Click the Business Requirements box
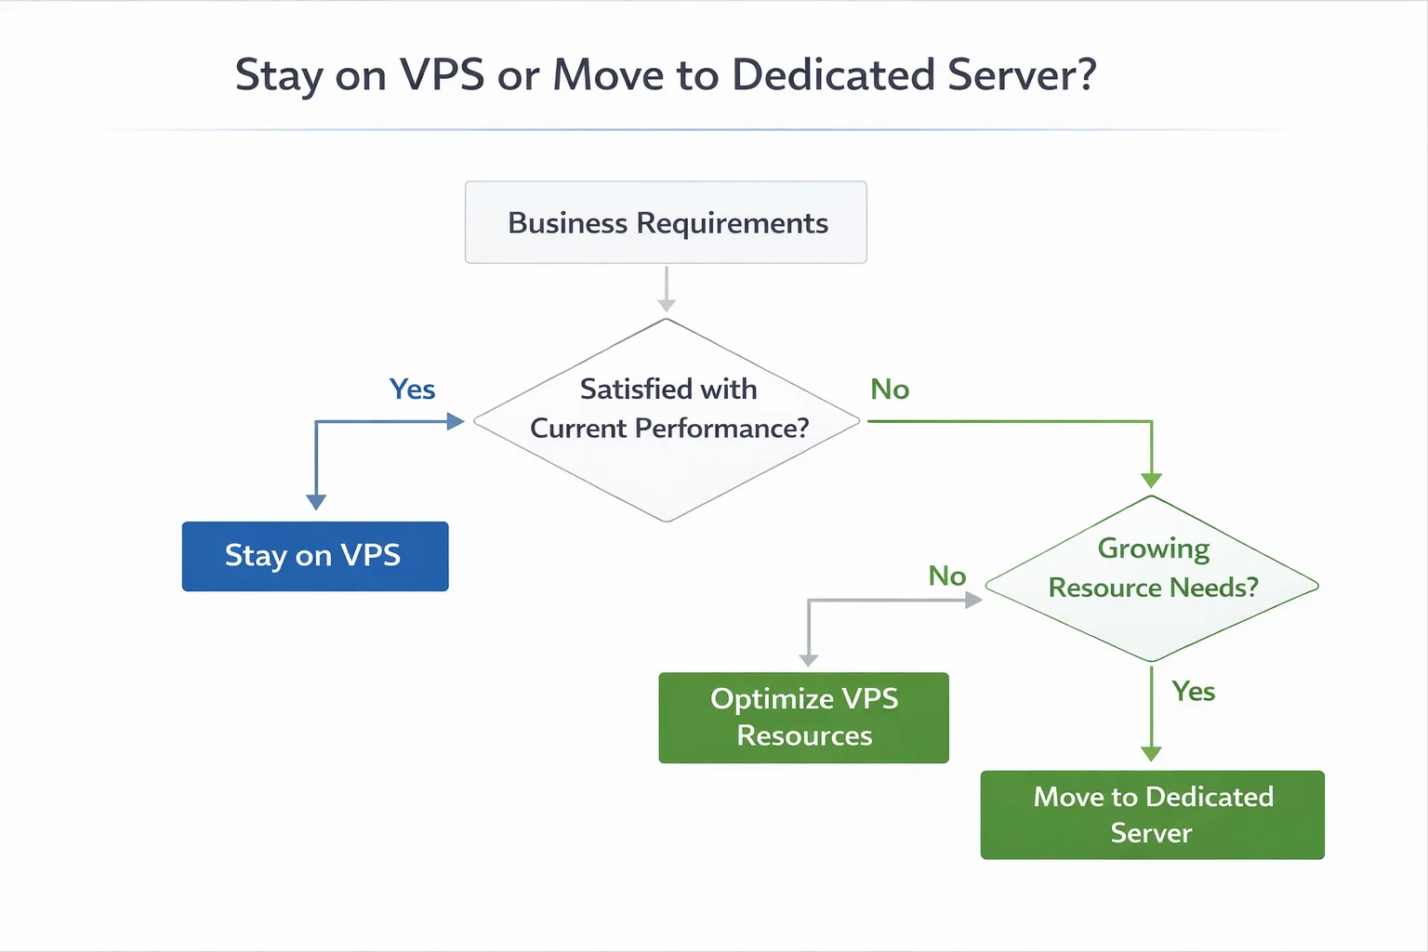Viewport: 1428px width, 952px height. point(666,223)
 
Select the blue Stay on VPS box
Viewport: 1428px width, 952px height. point(314,556)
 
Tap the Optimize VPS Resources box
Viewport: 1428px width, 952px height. point(803,718)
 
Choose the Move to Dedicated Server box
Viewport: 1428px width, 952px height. point(1152,814)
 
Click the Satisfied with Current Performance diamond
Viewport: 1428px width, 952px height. point(667,420)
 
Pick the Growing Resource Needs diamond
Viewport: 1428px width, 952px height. point(1152,579)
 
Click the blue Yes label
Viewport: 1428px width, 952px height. point(412,390)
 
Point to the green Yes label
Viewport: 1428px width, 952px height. point(1193,692)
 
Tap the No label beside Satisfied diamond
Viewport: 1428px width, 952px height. point(890,390)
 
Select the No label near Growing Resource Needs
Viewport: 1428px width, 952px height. point(946,576)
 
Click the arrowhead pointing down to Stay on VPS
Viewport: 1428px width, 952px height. point(316,502)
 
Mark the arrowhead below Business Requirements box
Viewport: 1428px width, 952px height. point(667,305)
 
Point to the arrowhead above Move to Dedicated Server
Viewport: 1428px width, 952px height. point(1151,754)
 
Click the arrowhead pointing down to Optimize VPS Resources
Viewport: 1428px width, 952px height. point(809,660)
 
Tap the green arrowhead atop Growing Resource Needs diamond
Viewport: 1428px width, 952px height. point(1151,481)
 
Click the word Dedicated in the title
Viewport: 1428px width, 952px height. point(833,75)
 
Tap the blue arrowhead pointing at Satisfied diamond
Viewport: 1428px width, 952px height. point(455,422)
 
